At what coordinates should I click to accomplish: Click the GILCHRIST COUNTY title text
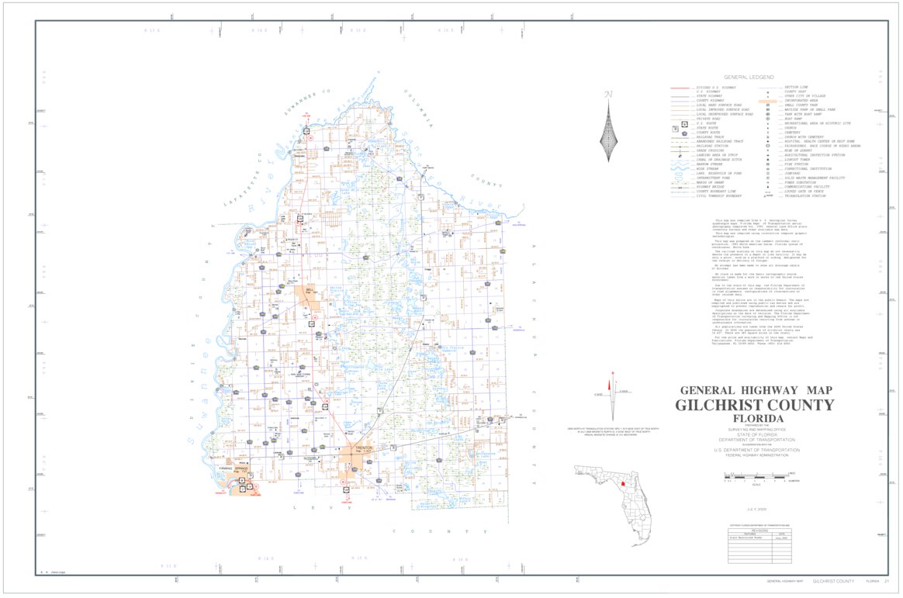click(754, 405)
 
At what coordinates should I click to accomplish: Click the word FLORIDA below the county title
click(754, 419)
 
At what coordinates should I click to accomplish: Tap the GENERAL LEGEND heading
click(749, 78)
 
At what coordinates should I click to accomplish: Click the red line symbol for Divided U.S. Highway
click(683, 88)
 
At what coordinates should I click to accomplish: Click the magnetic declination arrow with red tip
click(611, 385)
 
